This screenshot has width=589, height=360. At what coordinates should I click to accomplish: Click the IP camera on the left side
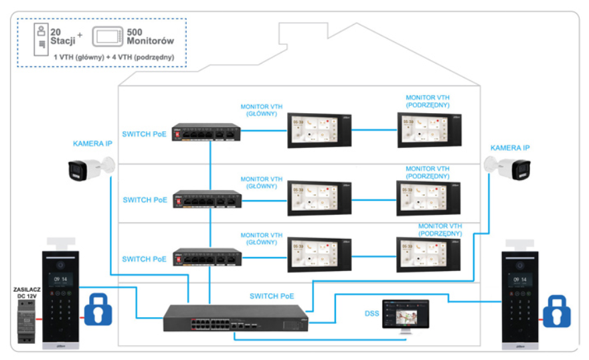[89, 169]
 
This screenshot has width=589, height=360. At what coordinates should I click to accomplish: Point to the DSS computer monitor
[404, 317]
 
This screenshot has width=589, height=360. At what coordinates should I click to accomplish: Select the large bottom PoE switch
[237, 317]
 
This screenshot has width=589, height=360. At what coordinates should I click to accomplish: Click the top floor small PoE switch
[205, 132]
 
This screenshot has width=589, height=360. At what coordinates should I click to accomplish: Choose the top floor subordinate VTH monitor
[428, 130]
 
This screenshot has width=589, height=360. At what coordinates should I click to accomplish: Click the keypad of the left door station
[61, 309]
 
